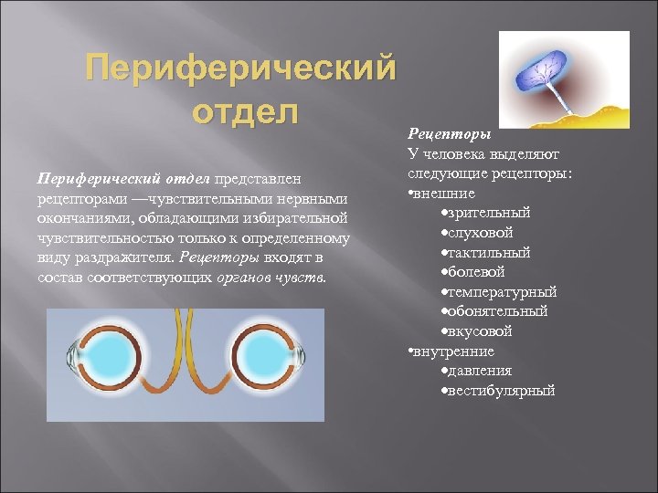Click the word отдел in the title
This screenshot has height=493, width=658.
[245, 114]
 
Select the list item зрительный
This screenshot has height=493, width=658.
[497, 213]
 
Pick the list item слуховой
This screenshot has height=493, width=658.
[492, 233]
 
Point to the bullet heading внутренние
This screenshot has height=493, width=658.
[453, 351]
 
